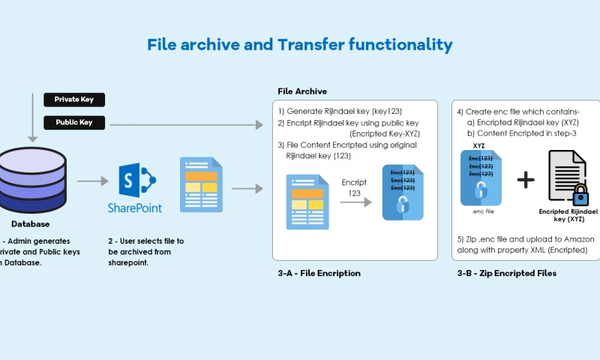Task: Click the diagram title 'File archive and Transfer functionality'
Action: pyautogui.click(x=300, y=45)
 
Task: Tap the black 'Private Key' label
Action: pyautogui.click(x=73, y=100)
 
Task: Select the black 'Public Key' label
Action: pyautogui.click(x=73, y=122)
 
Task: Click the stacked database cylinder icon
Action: pyautogui.click(x=31, y=180)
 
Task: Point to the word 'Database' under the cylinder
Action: pyautogui.click(x=31, y=223)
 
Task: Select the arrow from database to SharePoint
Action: pyautogui.click(x=92, y=181)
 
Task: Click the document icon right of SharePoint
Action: pyautogui.click(x=201, y=184)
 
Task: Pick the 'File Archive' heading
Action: pyautogui.click(x=302, y=91)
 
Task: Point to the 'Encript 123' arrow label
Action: pyautogui.click(x=355, y=187)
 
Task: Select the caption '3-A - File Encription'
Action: pyautogui.click(x=319, y=273)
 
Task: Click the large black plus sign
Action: pyautogui.click(x=526, y=179)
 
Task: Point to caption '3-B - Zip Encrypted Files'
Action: pyautogui.click(x=507, y=273)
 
